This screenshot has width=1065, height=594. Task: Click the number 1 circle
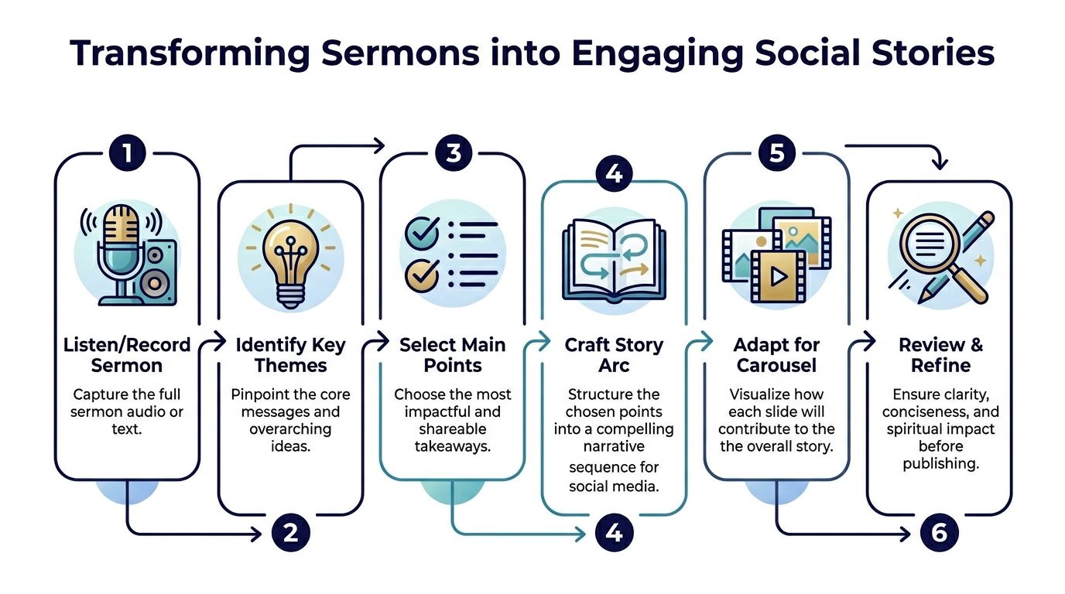pyautogui.click(x=128, y=152)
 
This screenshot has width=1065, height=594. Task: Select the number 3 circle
pyautogui.click(x=453, y=152)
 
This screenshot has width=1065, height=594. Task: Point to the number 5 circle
pyautogui.click(x=776, y=152)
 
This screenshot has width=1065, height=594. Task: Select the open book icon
pyautogui.click(x=614, y=259)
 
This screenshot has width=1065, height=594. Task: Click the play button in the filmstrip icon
pyautogui.click(x=779, y=275)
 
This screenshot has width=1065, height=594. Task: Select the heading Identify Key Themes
pyautogui.click(x=291, y=355)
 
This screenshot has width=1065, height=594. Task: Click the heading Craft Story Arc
pyautogui.click(x=614, y=355)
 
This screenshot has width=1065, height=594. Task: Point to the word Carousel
pyautogui.click(x=776, y=366)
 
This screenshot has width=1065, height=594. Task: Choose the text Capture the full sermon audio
pyautogui.click(x=127, y=404)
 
